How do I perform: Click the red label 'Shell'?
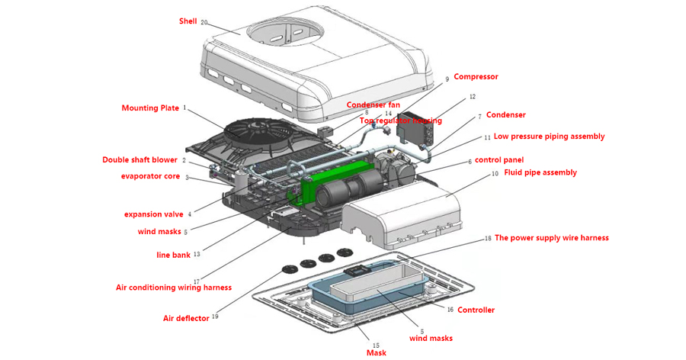[188, 21]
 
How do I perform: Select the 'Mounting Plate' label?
[150, 108]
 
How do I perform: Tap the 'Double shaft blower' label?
[139, 160]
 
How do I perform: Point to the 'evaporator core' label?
[150, 176]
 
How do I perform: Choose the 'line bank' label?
[173, 255]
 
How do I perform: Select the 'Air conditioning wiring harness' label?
[173, 288]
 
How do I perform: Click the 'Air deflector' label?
[186, 318]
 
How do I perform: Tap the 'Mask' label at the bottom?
[376, 352]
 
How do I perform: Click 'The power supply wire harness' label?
[552, 238]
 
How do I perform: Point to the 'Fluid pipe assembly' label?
[540, 172]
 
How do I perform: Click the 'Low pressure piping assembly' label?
[549, 137]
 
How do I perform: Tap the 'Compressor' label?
[476, 76]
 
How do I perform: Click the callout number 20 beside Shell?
[204, 22]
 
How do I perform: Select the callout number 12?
[472, 97]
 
